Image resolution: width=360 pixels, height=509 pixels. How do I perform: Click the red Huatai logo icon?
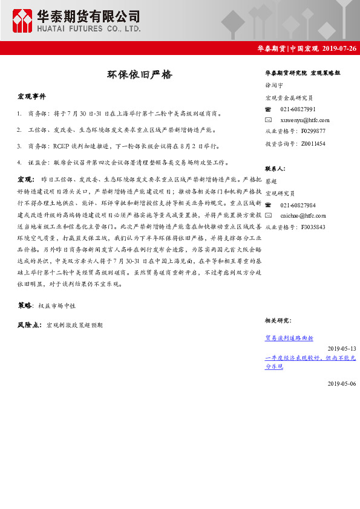tap(23, 20)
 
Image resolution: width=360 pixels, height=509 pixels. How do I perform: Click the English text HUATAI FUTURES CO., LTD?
tap(88, 28)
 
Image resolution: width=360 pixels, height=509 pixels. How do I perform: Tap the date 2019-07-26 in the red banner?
tap(339, 48)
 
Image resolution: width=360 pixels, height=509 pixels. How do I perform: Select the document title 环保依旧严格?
tap(139, 75)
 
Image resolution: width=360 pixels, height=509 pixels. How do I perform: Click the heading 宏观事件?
tap(31, 96)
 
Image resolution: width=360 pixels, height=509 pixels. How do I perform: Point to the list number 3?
tap(20, 146)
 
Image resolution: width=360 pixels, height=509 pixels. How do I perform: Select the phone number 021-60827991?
tap(298, 109)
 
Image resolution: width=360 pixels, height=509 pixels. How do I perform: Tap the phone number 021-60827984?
tap(298, 205)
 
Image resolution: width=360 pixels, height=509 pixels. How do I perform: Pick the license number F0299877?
tap(313, 131)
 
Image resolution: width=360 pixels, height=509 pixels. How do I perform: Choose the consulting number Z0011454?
tap(313, 143)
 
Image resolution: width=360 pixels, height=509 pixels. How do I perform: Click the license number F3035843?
tap(313, 227)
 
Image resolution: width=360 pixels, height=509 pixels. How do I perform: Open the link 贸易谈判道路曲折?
tap(289, 338)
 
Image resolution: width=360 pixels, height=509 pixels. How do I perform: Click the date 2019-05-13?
tap(342, 349)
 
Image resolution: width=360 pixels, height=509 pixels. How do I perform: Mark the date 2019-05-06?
tap(342, 383)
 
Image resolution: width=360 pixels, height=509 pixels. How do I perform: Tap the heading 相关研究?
tap(278, 320)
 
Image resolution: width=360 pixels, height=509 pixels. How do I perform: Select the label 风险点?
tap(30, 325)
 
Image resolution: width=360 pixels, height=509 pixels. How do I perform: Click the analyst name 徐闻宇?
tap(274, 86)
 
